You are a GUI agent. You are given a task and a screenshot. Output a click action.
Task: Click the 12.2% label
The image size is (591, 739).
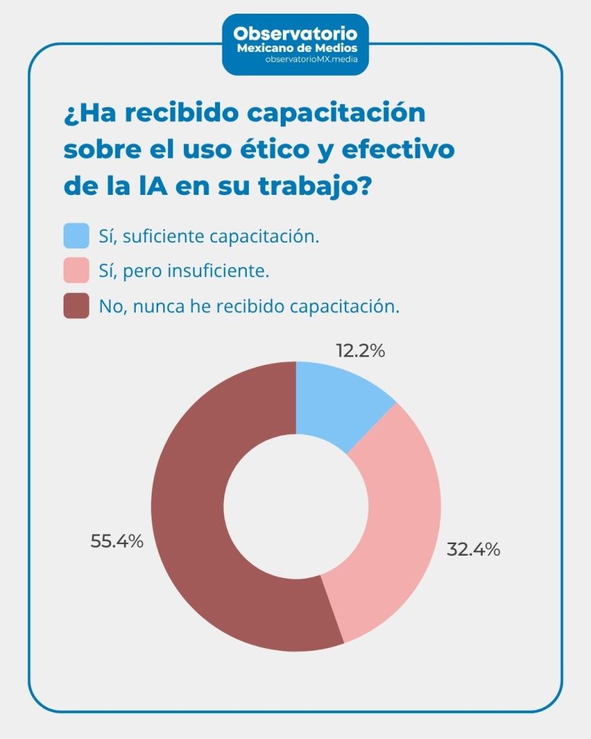(x=360, y=351)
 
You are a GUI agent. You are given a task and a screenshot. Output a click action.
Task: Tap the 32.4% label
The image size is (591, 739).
(x=473, y=549)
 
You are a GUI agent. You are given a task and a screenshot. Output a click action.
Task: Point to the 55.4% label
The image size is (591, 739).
(x=117, y=541)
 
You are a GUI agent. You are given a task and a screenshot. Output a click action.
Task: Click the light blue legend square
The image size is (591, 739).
(x=76, y=236)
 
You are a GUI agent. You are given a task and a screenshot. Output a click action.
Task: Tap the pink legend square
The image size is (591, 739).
(x=76, y=271)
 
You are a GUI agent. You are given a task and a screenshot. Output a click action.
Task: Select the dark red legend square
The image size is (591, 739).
(x=76, y=306)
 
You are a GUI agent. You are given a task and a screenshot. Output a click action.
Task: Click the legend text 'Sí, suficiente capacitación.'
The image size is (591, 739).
(x=209, y=236)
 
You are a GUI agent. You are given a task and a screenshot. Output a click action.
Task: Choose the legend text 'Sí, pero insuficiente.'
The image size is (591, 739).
(x=183, y=271)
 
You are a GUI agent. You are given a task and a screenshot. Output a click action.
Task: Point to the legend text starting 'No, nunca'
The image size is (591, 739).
(x=249, y=306)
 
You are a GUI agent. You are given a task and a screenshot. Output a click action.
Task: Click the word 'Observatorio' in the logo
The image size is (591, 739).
(x=295, y=33)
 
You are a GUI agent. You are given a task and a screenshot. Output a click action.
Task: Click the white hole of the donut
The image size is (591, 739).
(x=296, y=505)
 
